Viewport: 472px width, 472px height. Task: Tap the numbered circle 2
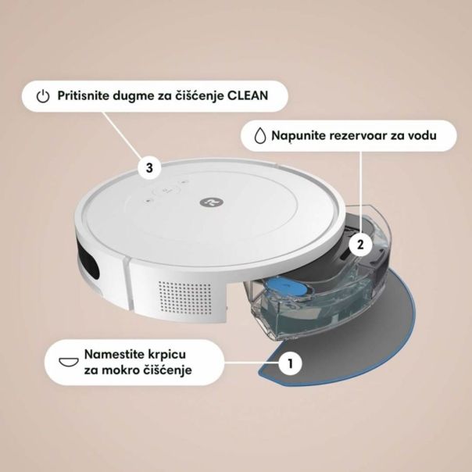pyautogui.click(x=359, y=244)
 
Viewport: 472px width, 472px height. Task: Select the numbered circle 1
pyautogui.click(x=290, y=363)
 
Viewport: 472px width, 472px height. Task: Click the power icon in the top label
pyautogui.click(x=44, y=97)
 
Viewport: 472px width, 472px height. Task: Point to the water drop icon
pyautogui.click(x=259, y=136)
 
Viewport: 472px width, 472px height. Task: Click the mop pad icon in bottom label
pyautogui.click(x=70, y=361)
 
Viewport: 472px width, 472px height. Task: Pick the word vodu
pyautogui.click(x=439, y=136)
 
